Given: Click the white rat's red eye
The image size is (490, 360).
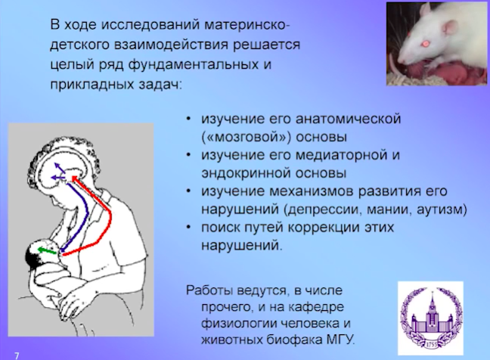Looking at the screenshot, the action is coord(425,43).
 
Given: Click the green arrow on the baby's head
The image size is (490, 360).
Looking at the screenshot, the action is coord(47,250).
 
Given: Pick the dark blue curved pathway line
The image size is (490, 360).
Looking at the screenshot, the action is coord(86,213).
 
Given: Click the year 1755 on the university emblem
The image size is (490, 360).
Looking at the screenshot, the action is coord(430,345).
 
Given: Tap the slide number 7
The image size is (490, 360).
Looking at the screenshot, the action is coord(17,355).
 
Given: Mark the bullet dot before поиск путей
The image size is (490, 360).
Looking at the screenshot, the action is coord(188,227).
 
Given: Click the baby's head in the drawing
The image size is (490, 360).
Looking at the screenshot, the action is coord(41,253).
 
